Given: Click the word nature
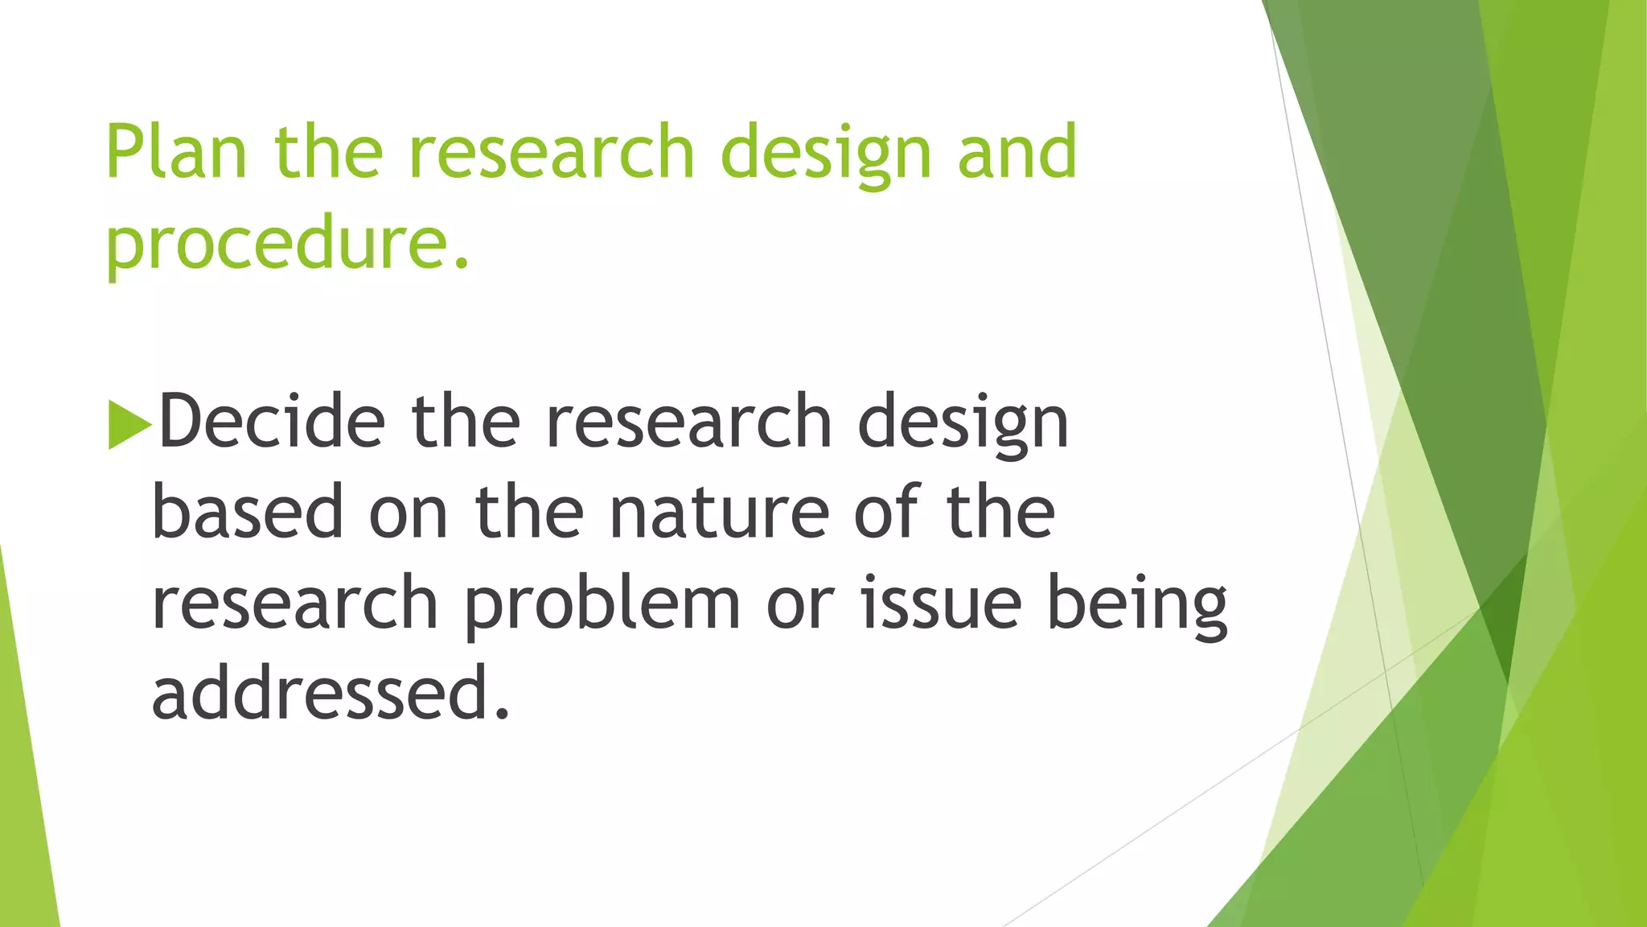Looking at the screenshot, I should [x=719, y=513].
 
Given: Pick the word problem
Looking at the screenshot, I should [x=602, y=605].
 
